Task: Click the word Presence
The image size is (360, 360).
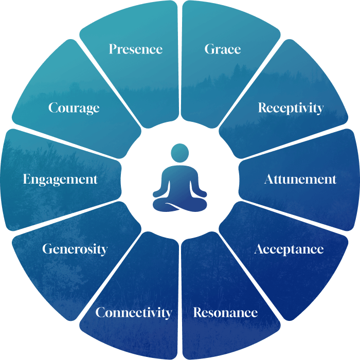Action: point(136,49)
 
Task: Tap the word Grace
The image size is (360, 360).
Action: point(223,49)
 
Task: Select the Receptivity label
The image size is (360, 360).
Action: point(291,108)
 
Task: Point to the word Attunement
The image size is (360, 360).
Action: point(300,179)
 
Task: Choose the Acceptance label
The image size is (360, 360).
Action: point(289,249)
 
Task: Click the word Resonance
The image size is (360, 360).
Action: point(225,312)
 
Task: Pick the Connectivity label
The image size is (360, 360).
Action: point(134,312)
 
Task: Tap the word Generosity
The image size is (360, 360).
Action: point(75,249)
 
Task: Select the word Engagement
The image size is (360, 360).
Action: point(60,179)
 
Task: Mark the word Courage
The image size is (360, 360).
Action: point(74,108)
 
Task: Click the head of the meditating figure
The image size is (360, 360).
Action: point(180,153)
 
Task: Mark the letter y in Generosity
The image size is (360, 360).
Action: point(104,251)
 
